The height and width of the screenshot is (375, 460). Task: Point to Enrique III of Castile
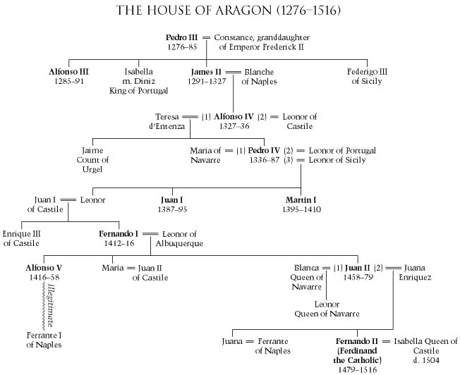click(x=25, y=238)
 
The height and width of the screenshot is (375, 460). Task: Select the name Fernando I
click(x=118, y=233)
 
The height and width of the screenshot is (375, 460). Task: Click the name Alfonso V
click(x=42, y=269)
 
